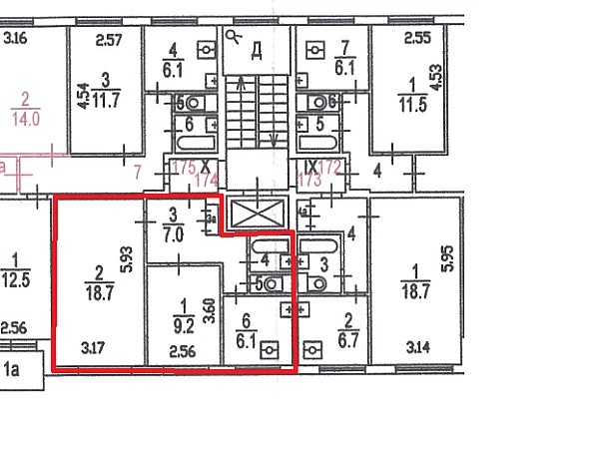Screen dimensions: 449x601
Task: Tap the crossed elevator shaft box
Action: click(x=258, y=214)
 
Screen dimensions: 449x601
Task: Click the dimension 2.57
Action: click(x=109, y=41)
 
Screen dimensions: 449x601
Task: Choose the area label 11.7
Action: click(x=106, y=100)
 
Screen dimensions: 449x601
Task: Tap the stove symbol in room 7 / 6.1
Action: click(x=315, y=48)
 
